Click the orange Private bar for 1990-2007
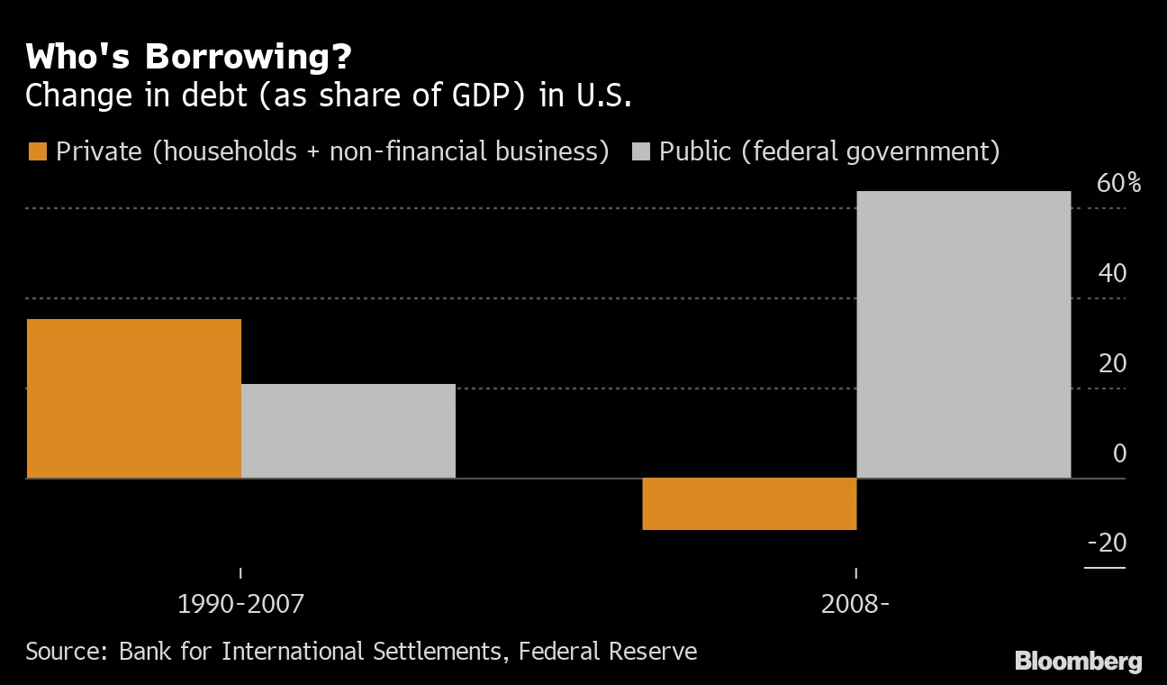[x=134, y=398]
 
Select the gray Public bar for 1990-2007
[x=348, y=431]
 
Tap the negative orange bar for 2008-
[x=749, y=504]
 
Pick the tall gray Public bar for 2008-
[x=963, y=334]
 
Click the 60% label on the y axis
[x=1118, y=184]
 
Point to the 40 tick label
[x=1112, y=273]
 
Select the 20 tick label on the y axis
[x=1112, y=363]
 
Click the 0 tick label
[x=1119, y=453]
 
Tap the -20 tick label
[x=1107, y=543]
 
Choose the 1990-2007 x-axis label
[x=240, y=604]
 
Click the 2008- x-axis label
[x=855, y=604]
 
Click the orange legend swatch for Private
[x=37, y=151]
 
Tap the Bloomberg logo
[x=1078, y=661]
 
